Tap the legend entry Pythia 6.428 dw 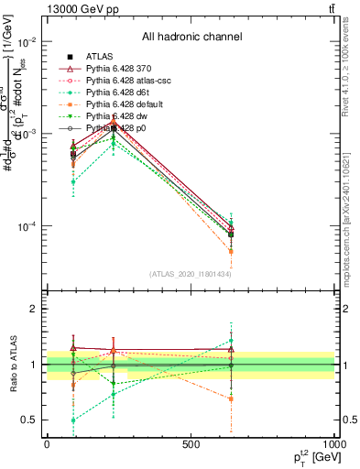(x=118, y=116)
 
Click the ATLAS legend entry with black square (x=102, y=57)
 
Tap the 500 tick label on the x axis (x=191, y=444)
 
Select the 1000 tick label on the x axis (x=334, y=444)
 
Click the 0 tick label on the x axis (x=48, y=444)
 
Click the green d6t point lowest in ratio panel (x=73, y=420)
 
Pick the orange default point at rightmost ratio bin (x=231, y=398)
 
